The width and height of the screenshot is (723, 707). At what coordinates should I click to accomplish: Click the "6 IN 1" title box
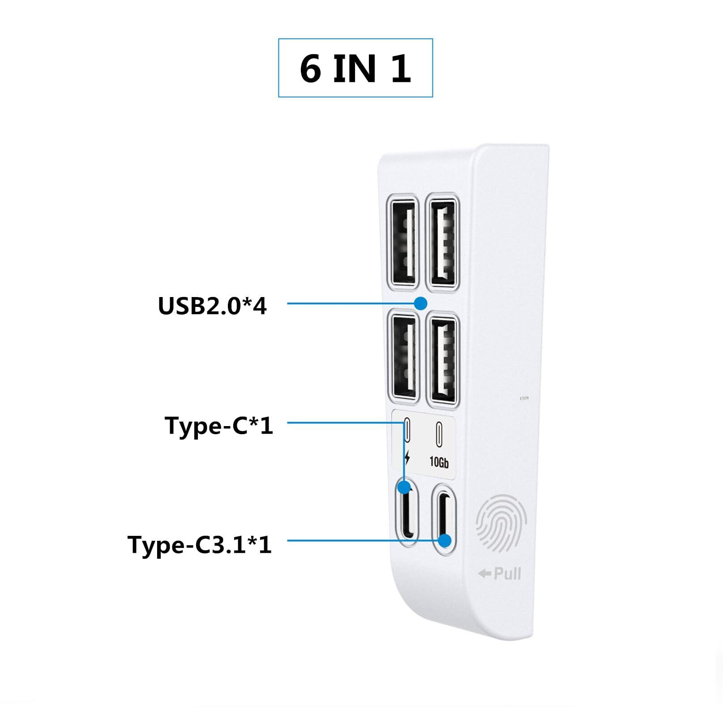[x=355, y=68]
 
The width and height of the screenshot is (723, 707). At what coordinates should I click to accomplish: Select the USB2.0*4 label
[x=212, y=306]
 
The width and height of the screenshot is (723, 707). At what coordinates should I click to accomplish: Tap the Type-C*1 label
[x=219, y=425]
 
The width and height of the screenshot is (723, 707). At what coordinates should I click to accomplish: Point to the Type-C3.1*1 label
[x=200, y=545]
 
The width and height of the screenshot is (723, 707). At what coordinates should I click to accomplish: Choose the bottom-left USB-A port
[x=404, y=358]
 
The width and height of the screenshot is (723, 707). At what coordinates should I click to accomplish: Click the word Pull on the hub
[x=507, y=573]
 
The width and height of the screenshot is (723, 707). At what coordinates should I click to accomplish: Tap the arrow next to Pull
[x=484, y=573]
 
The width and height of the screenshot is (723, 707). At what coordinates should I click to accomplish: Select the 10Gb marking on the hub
[x=439, y=462]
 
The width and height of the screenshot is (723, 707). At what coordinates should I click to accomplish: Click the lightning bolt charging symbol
[x=406, y=458]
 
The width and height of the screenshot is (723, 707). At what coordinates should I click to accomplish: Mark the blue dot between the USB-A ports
[x=420, y=303]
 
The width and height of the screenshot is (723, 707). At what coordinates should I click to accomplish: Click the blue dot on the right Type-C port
[x=445, y=541]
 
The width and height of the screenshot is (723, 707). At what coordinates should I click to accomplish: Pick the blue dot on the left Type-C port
[x=405, y=487]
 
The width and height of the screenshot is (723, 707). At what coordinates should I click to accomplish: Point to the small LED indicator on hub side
[x=525, y=398]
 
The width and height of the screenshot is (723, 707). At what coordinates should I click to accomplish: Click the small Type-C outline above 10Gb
[x=439, y=434]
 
